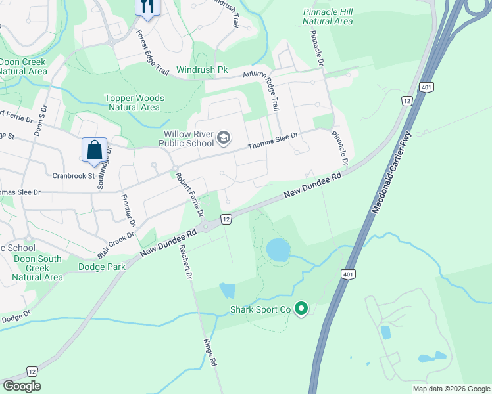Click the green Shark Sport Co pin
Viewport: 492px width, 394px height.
point(301,308)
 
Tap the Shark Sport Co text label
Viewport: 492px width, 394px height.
point(260,309)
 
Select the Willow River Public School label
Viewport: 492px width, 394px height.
point(189,139)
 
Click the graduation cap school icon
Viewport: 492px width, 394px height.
point(224,138)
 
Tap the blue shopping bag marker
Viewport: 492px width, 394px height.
point(94,150)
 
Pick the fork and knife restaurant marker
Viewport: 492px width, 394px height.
point(147,7)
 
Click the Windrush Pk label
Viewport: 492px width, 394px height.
point(202,70)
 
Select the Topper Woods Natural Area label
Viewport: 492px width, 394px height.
point(134,102)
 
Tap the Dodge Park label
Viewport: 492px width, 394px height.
point(101,267)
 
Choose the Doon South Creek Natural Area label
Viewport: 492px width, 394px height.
point(37,268)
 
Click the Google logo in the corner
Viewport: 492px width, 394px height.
point(22,386)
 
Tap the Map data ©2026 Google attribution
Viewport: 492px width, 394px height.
point(451,389)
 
